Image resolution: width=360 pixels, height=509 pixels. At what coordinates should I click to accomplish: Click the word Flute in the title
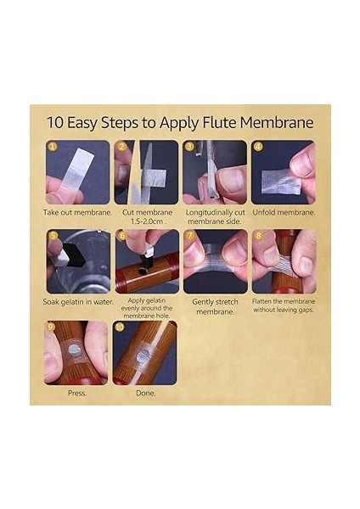click(x=219, y=123)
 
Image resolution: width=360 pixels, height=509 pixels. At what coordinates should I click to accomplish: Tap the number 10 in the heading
click(x=54, y=123)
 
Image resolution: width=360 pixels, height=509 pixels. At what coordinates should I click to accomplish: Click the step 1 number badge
click(x=52, y=147)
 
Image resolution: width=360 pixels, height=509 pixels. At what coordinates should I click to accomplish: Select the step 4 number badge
click(x=257, y=147)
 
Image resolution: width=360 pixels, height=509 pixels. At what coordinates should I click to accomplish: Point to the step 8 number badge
click(x=258, y=235)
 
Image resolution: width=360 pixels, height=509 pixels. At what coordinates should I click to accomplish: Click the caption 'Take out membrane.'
click(x=77, y=213)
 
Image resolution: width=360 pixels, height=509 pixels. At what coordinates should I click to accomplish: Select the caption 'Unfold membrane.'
click(x=284, y=213)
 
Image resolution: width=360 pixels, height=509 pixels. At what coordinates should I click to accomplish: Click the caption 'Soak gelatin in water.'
click(x=78, y=302)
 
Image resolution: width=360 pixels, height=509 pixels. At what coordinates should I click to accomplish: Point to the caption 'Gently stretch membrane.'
click(x=215, y=307)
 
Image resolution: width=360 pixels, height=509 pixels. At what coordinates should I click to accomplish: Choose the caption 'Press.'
click(x=77, y=393)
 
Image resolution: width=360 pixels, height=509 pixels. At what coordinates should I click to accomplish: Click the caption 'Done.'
click(x=145, y=393)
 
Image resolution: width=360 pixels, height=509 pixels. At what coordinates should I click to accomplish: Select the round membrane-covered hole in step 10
click(x=143, y=357)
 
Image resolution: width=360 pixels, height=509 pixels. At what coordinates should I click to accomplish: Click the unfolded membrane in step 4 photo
click(x=281, y=182)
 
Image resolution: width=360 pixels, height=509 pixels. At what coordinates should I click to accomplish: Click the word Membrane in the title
click(x=277, y=123)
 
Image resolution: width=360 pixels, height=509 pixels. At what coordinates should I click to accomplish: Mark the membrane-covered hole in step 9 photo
click(x=75, y=350)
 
